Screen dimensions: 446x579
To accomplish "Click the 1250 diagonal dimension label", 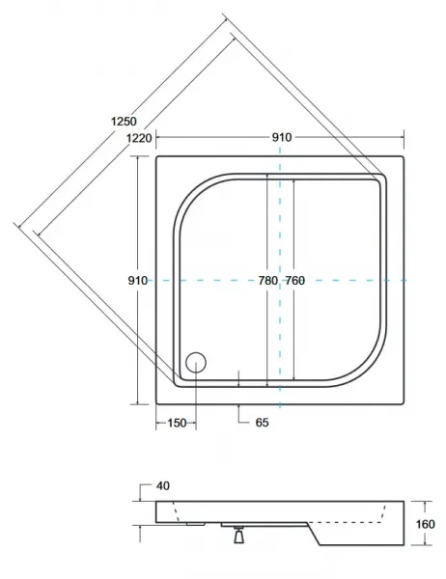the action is [124, 122].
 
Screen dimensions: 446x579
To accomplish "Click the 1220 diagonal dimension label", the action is [139, 138].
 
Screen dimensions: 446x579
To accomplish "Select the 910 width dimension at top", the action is [282, 137].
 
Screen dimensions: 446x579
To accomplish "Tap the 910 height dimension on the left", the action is [137, 281].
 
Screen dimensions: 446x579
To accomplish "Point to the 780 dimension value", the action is [267, 281].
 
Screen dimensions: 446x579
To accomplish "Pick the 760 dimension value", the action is [294, 281].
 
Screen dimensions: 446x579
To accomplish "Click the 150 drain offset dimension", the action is [177, 424].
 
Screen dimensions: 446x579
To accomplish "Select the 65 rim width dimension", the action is [262, 423].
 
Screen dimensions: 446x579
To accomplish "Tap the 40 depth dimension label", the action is [163, 486].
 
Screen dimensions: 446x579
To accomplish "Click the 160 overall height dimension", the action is [426, 524].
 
